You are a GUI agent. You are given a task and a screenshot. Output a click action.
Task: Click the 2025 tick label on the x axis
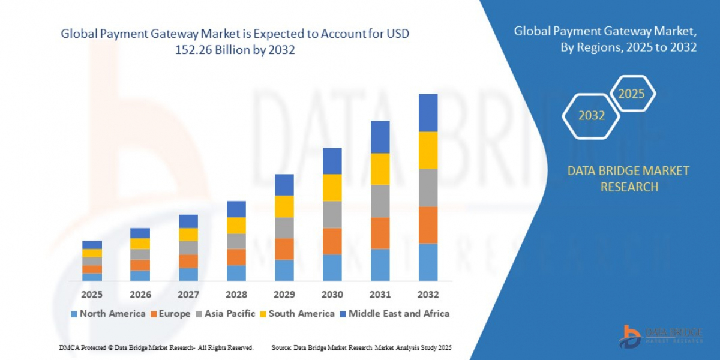click(x=92, y=295)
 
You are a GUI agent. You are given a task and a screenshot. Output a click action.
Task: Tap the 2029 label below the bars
click(x=284, y=295)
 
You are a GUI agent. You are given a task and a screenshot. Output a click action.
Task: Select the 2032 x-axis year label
click(x=428, y=295)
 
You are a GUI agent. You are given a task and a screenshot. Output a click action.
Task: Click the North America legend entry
click(x=108, y=313)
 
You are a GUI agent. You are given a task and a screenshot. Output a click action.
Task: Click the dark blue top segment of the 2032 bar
click(x=428, y=112)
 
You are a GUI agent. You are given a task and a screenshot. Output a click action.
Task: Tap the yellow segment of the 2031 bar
click(x=380, y=169)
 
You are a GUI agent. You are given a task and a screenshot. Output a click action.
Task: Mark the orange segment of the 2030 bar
click(x=332, y=241)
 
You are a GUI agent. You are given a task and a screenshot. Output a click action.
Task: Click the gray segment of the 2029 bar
click(x=284, y=227)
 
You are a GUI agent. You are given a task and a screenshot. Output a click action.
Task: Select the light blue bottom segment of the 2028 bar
click(x=236, y=273)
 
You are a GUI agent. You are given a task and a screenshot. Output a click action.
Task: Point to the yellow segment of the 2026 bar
click(x=140, y=244)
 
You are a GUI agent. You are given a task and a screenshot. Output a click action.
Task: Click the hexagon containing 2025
click(x=631, y=94)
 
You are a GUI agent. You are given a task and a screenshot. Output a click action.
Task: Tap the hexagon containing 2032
click(x=591, y=116)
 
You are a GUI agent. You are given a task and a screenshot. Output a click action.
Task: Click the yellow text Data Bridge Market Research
click(x=628, y=179)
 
